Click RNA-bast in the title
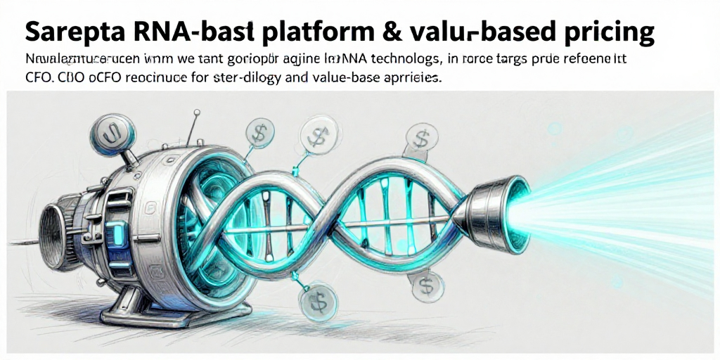coord(188,31)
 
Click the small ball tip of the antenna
coord(198,111)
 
